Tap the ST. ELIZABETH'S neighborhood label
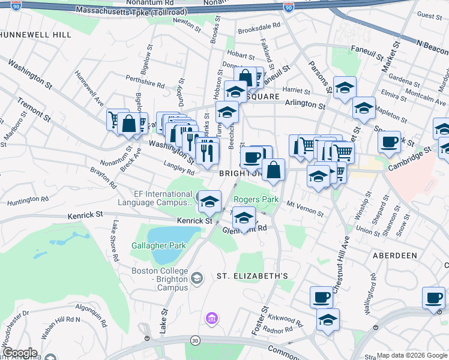click(253, 276)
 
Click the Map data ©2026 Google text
click(412, 355)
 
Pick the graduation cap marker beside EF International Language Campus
click(209, 201)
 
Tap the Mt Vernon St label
click(305, 209)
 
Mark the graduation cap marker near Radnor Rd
click(328, 319)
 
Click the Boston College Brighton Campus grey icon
click(197, 277)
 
